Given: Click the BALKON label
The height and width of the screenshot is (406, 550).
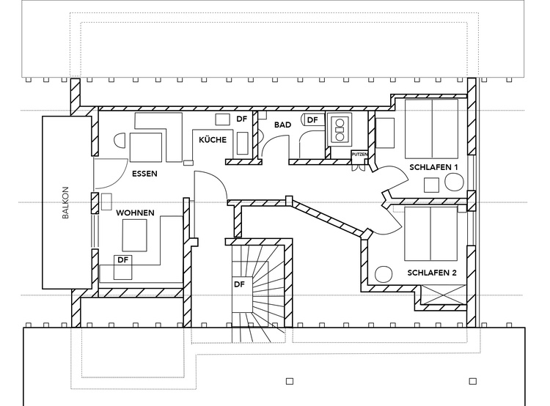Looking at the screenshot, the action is pos(65,203).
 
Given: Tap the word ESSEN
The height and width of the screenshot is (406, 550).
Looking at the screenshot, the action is pos(144,174).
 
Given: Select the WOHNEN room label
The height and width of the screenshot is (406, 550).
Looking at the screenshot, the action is pos(135,213).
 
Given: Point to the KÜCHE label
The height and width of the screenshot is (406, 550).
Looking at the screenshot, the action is pos(213,139).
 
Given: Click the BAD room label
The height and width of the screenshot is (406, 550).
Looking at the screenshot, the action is pos(283,125).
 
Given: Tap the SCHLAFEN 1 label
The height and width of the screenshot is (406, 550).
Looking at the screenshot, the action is pos(433,167).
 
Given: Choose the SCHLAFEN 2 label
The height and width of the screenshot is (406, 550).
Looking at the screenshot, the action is pos(432,273).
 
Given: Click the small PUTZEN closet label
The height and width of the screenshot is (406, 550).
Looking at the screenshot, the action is pos(359,155).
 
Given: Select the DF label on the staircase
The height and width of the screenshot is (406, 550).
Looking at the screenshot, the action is pos(239,284).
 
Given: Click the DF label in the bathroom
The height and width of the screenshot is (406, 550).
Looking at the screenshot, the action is pos(312,120).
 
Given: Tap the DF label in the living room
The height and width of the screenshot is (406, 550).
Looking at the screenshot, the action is pos(122,260).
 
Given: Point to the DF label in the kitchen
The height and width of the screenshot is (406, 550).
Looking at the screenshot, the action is pos(242,119).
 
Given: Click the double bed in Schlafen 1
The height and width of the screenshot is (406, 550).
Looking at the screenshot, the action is pos(431,129).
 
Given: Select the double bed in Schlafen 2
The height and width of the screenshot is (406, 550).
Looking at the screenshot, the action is pos(431,234).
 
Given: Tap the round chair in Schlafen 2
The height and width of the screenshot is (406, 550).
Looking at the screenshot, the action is pos(384,274).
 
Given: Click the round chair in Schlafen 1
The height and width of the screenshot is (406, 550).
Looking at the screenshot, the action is pos(454,182).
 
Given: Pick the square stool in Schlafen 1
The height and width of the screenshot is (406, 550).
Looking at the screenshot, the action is pos(431,185).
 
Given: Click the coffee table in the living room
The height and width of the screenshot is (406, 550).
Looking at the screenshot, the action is pos(134,235).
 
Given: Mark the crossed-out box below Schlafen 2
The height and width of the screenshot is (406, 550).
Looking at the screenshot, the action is pos(444,295).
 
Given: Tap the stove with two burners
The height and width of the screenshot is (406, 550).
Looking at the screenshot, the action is pos(340,130).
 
